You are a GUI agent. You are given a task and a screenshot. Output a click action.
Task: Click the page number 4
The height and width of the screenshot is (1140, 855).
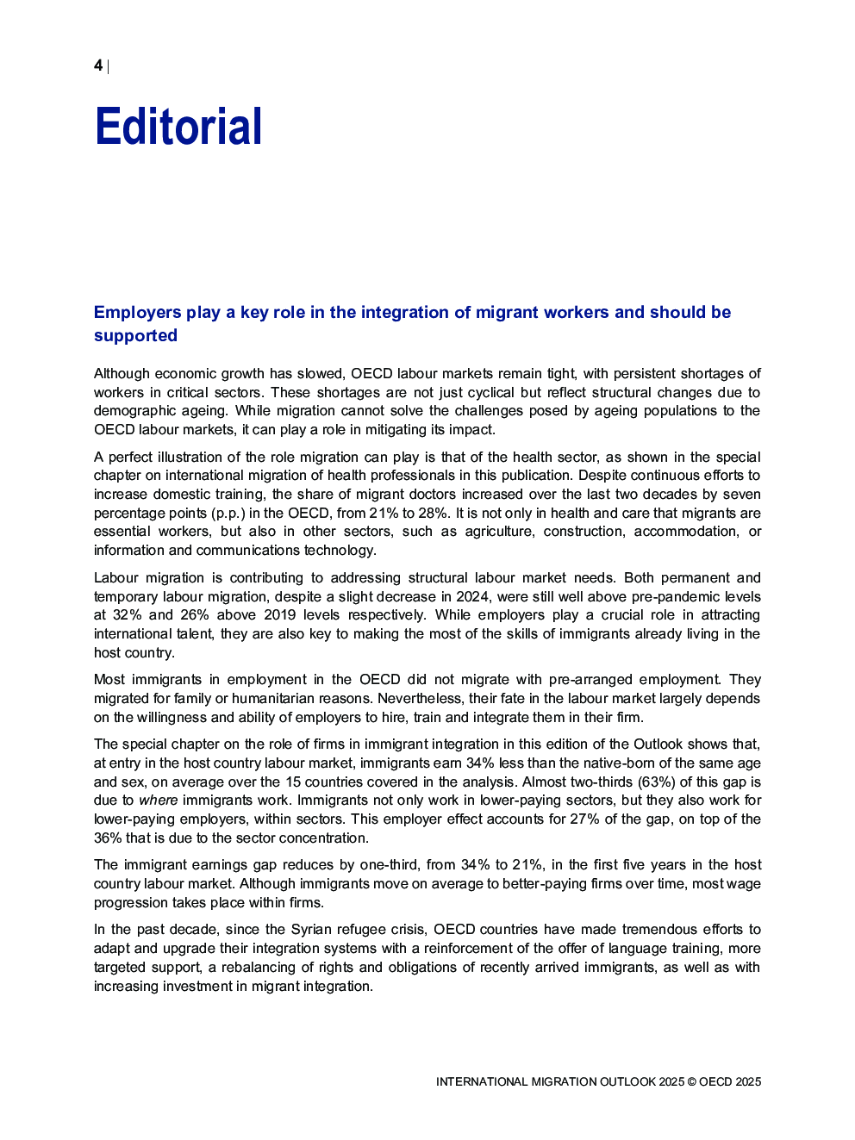click(x=98, y=65)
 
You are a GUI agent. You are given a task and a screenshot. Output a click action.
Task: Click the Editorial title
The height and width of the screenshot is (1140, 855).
click(x=178, y=127)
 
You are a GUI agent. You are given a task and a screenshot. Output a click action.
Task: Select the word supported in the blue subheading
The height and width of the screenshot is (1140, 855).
click(x=135, y=336)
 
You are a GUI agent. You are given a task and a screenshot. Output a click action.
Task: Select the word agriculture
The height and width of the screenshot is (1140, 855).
click(x=498, y=532)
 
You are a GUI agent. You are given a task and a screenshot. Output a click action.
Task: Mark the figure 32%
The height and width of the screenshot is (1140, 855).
click(x=127, y=615)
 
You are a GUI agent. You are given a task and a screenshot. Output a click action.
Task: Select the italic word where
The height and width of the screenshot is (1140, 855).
click(x=158, y=800)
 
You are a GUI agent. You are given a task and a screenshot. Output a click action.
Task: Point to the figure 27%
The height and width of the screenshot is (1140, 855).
click(x=584, y=819)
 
